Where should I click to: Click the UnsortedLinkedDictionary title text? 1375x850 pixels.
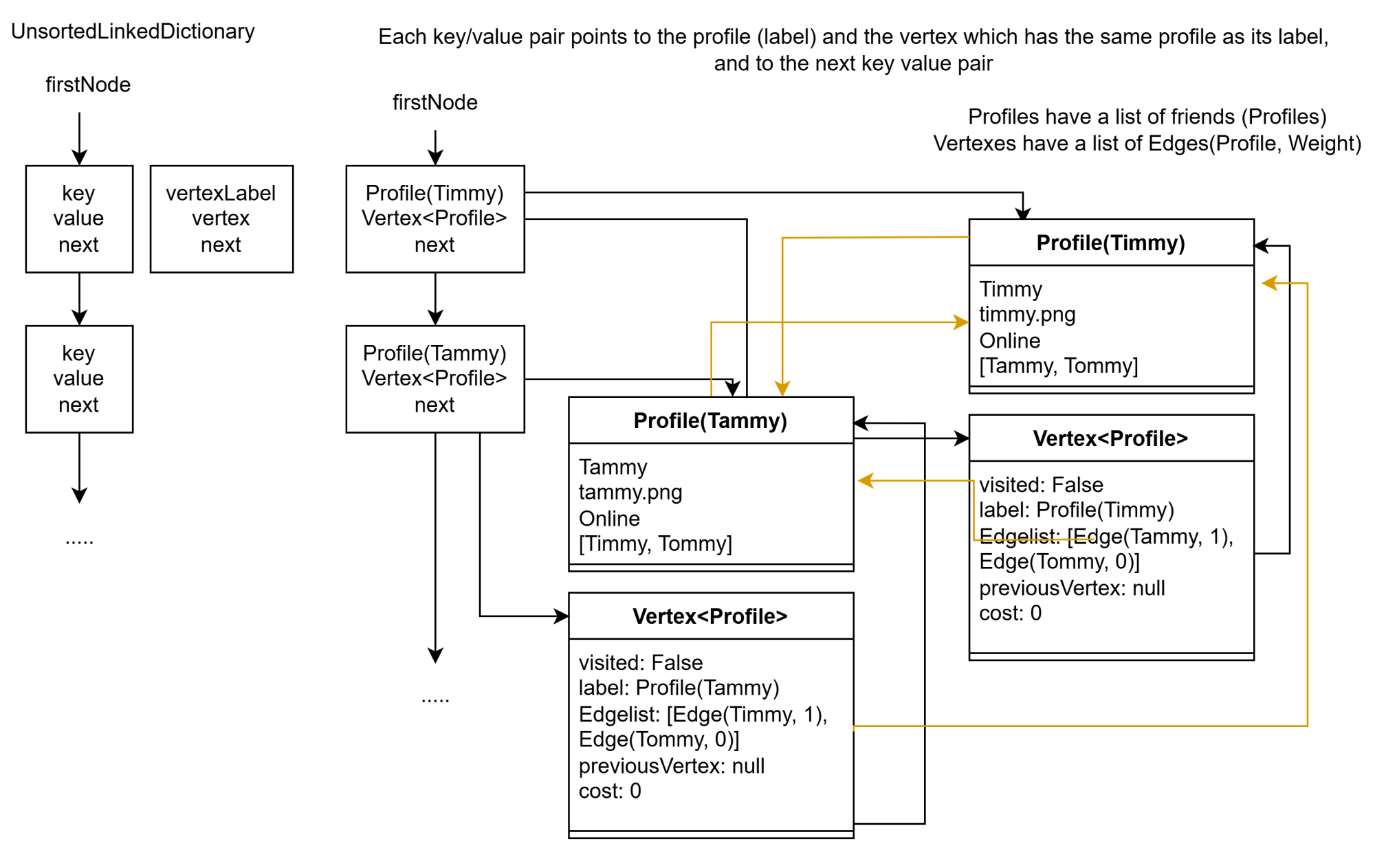click(133, 32)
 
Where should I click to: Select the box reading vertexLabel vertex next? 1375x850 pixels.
click(221, 219)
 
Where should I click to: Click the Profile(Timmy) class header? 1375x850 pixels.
click(1110, 243)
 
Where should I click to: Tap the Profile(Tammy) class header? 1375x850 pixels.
click(710, 421)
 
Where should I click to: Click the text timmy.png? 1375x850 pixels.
click(1026, 315)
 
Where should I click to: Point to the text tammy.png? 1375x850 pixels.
click(630, 492)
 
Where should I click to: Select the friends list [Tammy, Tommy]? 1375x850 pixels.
click(1058, 366)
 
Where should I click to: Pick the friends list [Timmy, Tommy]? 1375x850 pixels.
click(654, 544)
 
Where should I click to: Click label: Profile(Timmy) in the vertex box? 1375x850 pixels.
click(1076, 510)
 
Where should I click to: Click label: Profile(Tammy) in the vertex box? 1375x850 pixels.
click(679, 688)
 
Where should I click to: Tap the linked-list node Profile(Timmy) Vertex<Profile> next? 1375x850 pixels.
click(434, 219)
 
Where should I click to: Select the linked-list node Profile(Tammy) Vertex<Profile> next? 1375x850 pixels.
click(434, 379)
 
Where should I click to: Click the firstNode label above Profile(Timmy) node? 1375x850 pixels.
click(434, 102)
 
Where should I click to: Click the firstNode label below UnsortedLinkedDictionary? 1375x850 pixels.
click(88, 85)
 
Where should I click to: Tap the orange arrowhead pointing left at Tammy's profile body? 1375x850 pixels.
click(865, 481)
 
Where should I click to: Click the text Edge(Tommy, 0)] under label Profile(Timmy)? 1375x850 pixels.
click(1059, 562)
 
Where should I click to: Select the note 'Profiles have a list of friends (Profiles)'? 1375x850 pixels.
click(1147, 117)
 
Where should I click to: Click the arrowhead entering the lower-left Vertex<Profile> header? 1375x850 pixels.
click(562, 616)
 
